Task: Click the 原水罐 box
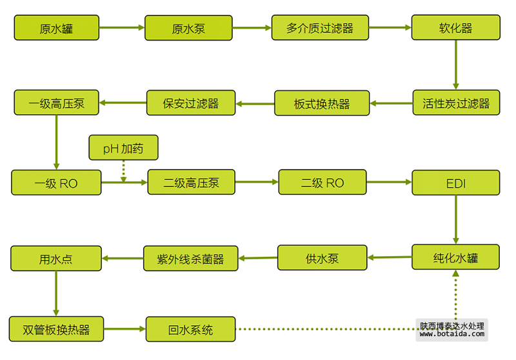coord(57,28)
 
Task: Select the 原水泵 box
coord(188,28)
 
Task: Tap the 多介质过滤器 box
coord(320,28)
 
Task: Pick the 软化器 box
coord(456,28)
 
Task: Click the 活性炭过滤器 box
coord(456,103)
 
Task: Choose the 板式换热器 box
coord(322,103)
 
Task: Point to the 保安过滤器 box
coord(191,103)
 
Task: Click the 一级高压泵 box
coord(57,103)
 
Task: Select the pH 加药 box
coord(123,148)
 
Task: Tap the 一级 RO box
coord(56,183)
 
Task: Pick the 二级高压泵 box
coord(191,183)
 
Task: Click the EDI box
coord(456,183)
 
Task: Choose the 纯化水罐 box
coord(456,257)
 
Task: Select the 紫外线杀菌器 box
coord(190,259)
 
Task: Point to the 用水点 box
coord(56,259)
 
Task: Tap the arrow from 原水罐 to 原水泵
coord(122,28)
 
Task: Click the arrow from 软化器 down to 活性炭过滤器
coord(456,65)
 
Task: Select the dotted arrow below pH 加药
coord(123,170)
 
